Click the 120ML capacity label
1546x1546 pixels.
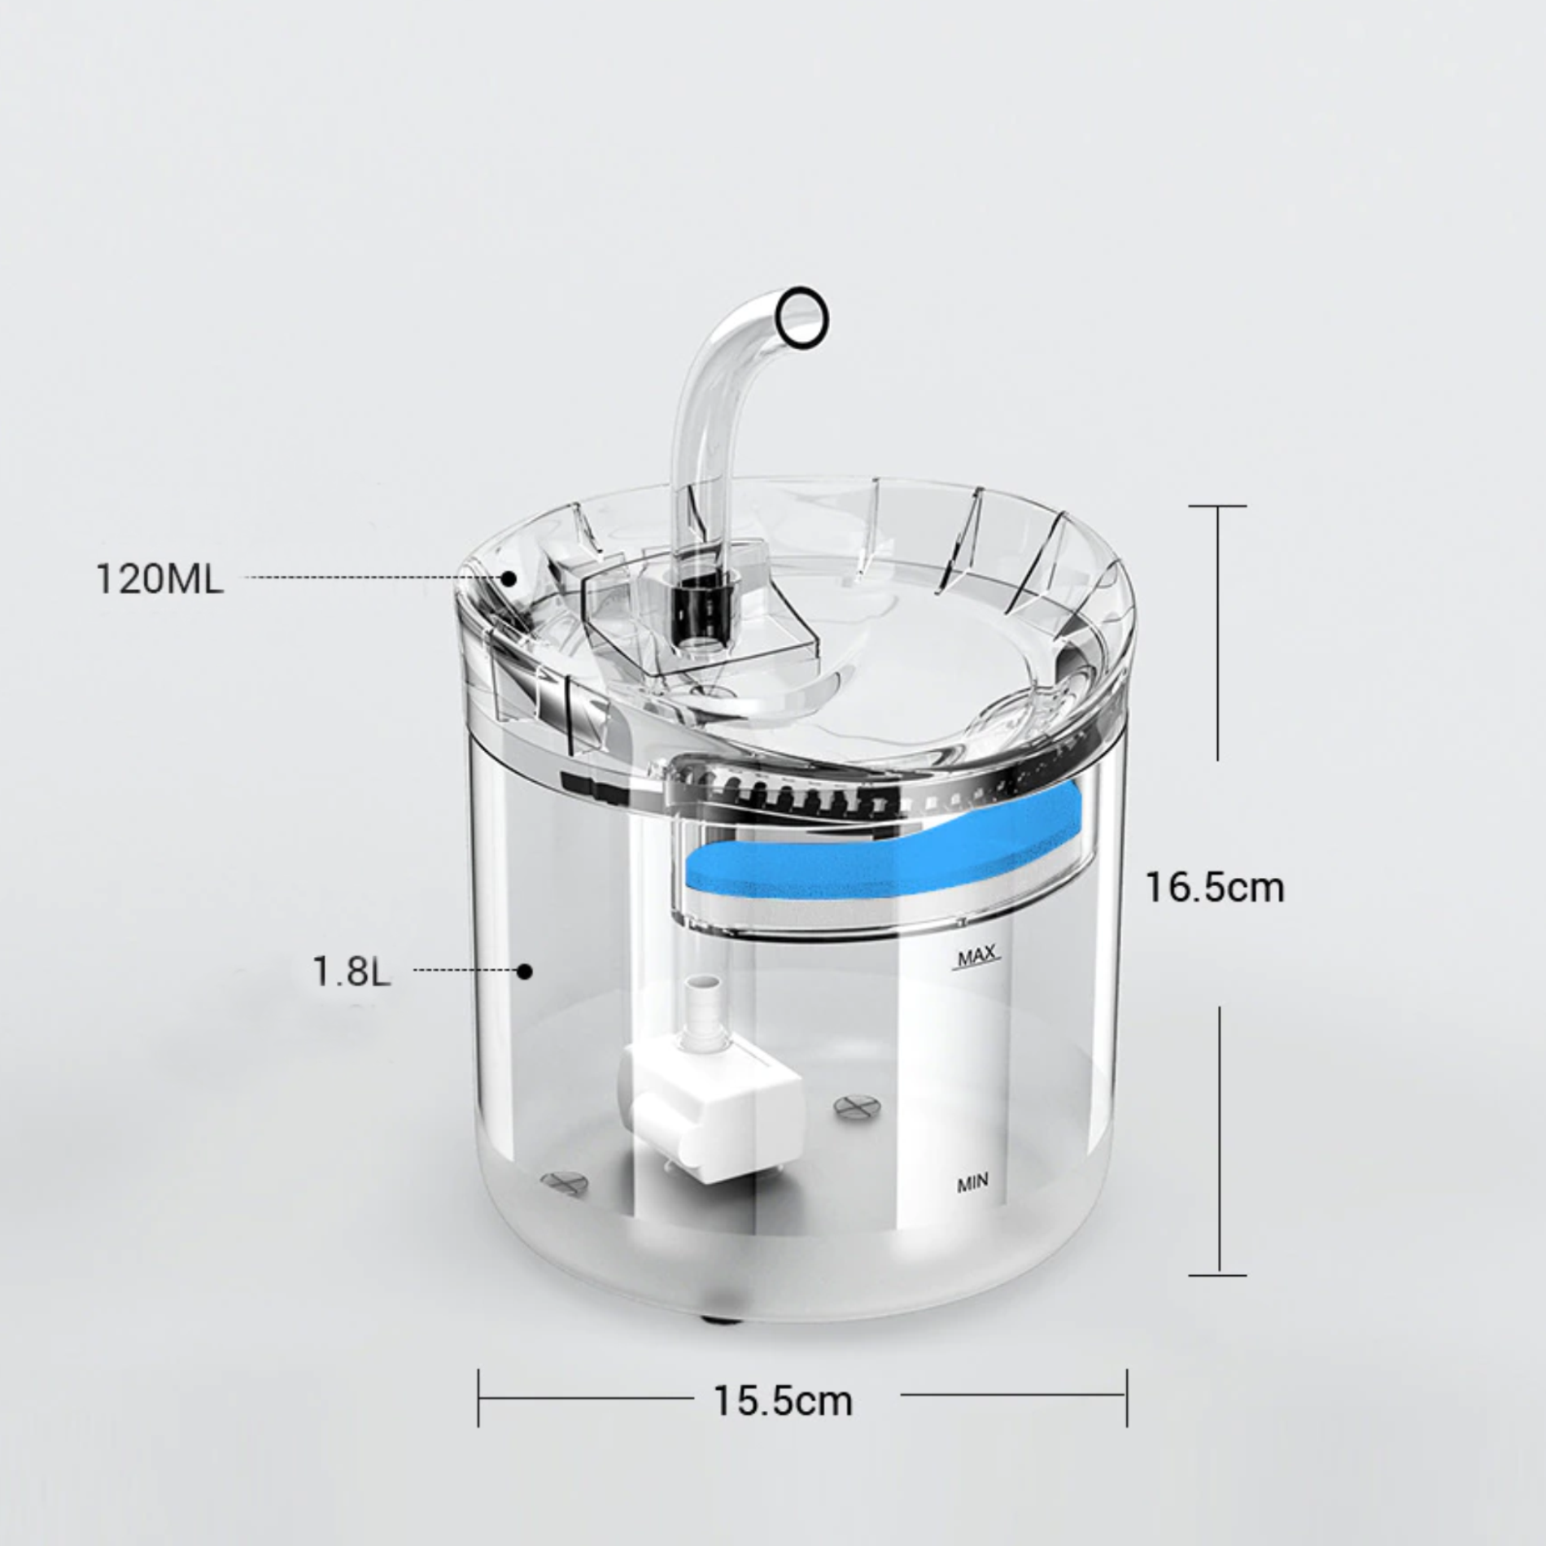click(159, 579)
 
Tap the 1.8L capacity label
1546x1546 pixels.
click(352, 970)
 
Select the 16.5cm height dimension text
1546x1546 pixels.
click(1215, 887)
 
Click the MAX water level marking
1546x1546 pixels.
click(977, 957)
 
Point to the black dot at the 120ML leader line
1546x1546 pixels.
click(509, 579)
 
